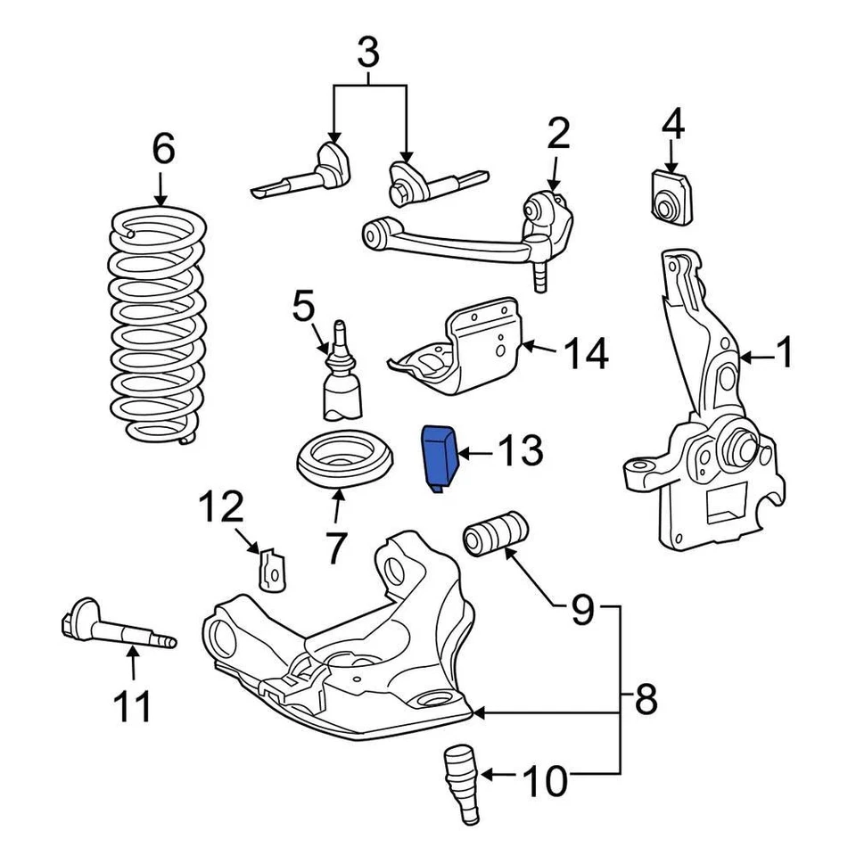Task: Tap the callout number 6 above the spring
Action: point(162,149)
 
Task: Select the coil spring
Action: point(159,325)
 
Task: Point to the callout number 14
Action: point(585,354)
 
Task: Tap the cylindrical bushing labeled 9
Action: point(496,533)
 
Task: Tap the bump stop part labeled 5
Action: point(342,379)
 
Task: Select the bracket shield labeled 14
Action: point(464,352)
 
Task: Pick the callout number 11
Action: point(132,709)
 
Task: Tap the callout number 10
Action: point(545,782)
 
